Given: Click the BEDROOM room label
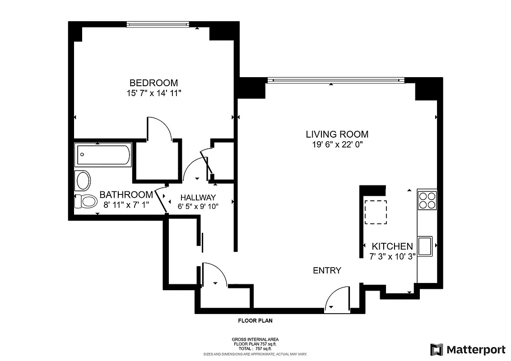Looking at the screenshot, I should click(x=153, y=83).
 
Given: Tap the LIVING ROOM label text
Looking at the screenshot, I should click(x=337, y=134).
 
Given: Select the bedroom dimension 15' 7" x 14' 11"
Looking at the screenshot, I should click(x=153, y=93).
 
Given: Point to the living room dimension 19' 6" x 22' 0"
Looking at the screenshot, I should click(x=337, y=144).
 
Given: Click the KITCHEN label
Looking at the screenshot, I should click(x=392, y=246).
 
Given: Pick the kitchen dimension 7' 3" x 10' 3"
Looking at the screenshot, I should click(x=392, y=256).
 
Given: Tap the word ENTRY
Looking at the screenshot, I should click(x=327, y=270).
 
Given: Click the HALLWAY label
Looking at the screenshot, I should click(x=198, y=197).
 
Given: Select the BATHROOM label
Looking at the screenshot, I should click(x=126, y=195).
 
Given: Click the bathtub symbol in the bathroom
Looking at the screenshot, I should click(x=103, y=155).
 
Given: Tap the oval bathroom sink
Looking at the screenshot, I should click(x=84, y=181).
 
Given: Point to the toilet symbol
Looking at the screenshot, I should click(x=86, y=201).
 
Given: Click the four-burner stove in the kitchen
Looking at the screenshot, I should click(x=427, y=200).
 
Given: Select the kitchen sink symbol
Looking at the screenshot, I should click(x=425, y=246).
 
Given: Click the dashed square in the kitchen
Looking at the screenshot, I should click(x=376, y=212).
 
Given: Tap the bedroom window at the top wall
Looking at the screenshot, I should click(x=158, y=24).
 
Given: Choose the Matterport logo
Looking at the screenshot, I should click(x=467, y=349).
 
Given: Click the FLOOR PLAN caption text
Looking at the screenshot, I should click(x=255, y=321).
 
